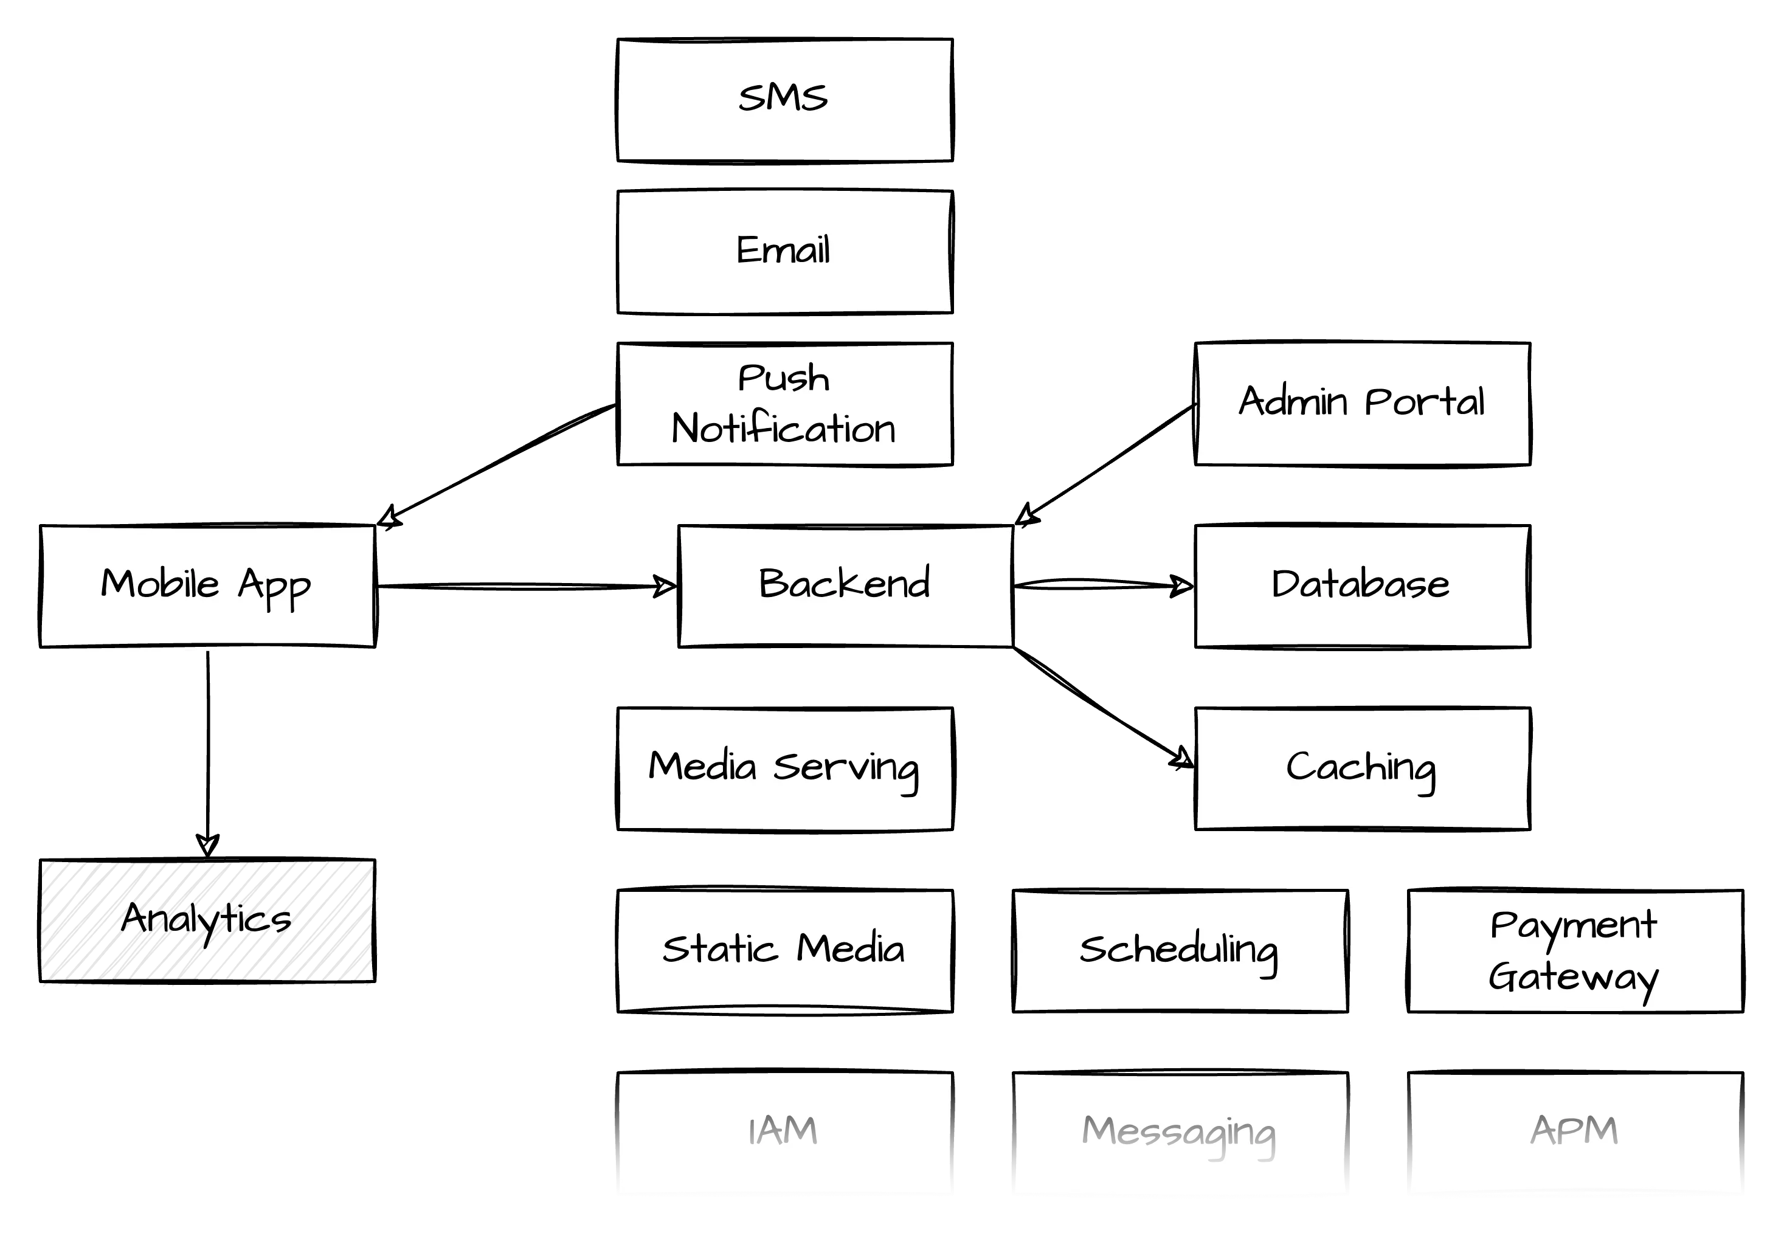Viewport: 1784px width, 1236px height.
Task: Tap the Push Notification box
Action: [x=784, y=404]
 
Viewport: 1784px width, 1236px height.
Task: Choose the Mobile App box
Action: [x=206, y=585]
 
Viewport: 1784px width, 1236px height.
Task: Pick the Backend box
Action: [x=846, y=585]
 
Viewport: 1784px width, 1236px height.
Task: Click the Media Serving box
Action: [x=784, y=768]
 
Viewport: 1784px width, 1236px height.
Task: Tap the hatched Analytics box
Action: [x=206, y=922]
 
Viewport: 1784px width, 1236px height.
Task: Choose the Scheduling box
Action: [x=1180, y=950]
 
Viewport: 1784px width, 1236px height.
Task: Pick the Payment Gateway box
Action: [x=1575, y=950]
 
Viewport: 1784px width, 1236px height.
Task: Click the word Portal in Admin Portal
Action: [x=1425, y=402]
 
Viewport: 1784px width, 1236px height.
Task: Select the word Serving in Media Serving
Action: [x=846, y=768]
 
